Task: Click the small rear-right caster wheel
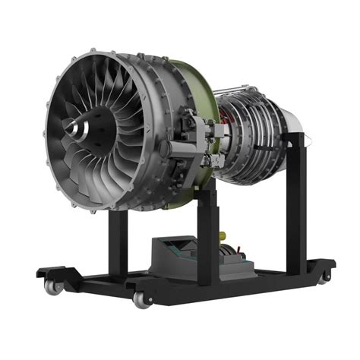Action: pos(325,276)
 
